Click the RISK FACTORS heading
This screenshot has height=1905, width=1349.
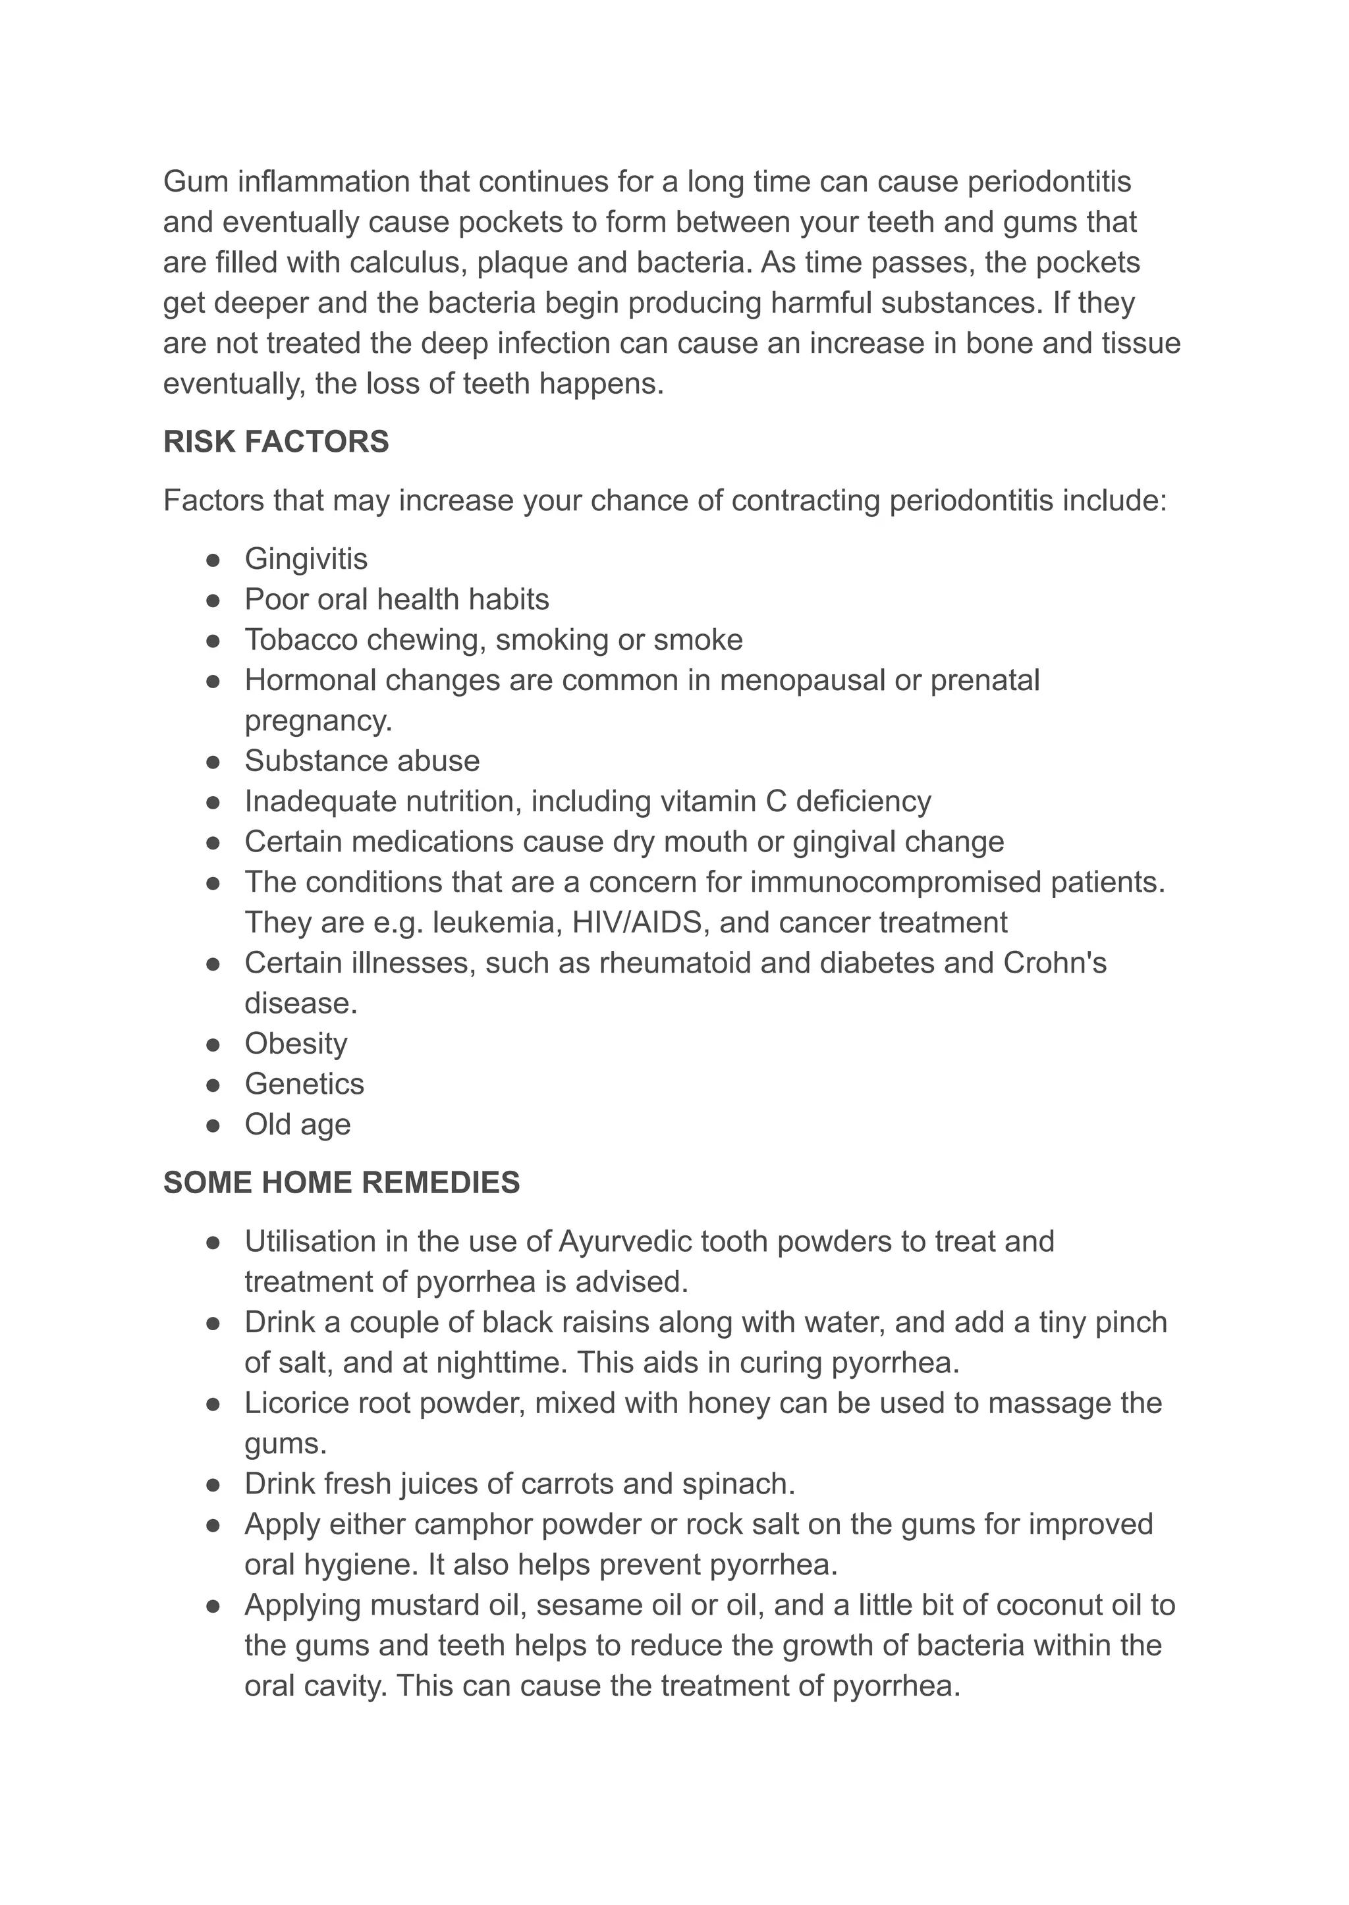click(276, 442)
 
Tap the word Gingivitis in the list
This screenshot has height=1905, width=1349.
click(306, 559)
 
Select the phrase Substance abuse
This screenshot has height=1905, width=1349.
click(362, 761)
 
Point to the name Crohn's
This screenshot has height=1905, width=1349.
click(1055, 963)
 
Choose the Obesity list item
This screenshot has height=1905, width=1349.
click(296, 1044)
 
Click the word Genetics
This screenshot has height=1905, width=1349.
click(304, 1084)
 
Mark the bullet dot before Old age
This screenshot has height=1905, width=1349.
click(213, 1125)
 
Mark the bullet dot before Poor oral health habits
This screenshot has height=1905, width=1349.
click(213, 600)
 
